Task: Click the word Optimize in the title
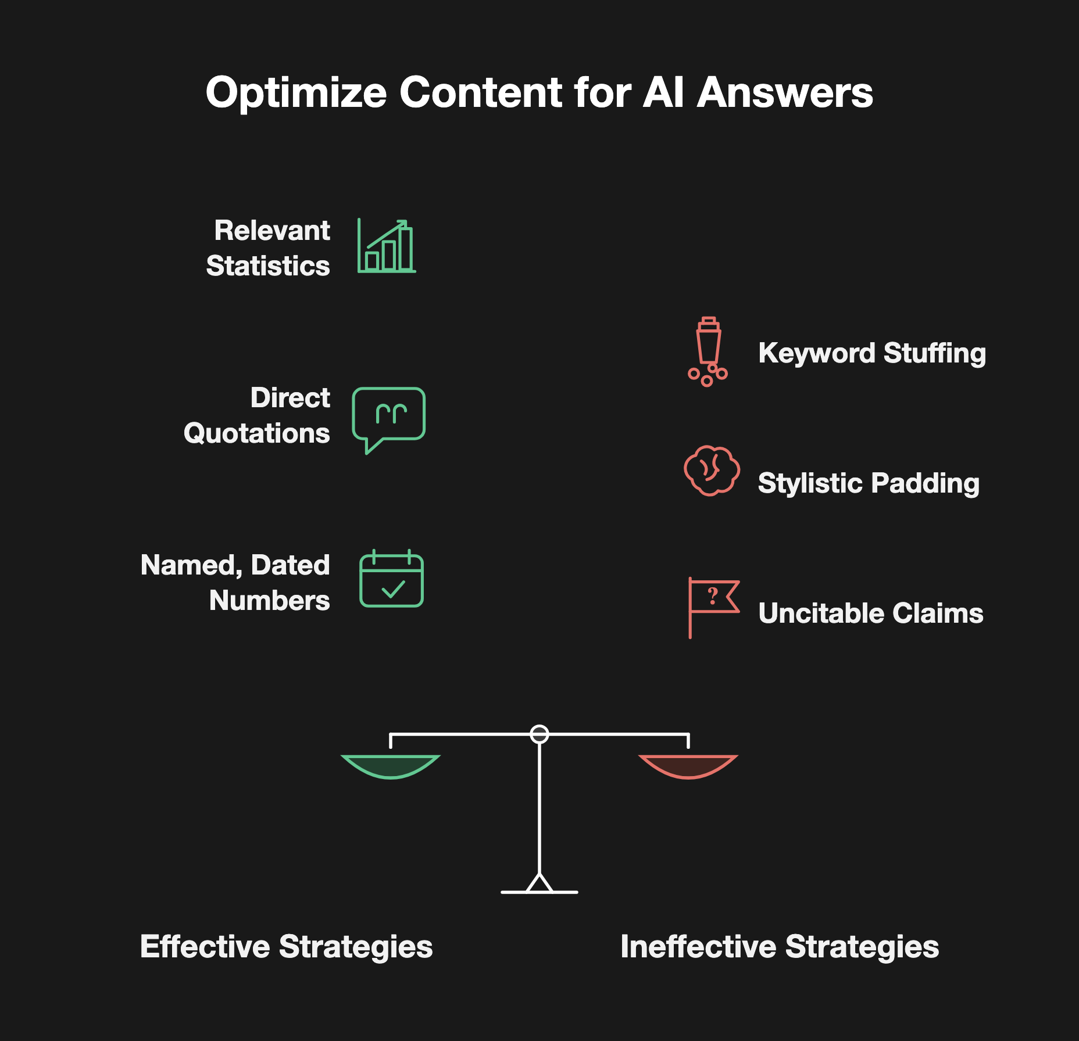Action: click(x=296, y=94)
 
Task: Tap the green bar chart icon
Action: click(x=387, y=246)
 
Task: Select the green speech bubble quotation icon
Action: click(x=388, y=420)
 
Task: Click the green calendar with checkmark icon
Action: click(x=391, y=579)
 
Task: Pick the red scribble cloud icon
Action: click(x=712, y=471)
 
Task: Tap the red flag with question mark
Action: click(x=714, y=607)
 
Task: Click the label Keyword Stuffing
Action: click(x=872, y=353)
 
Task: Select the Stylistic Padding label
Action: click(x=869, y=483)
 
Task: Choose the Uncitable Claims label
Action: click(x=871, y=613)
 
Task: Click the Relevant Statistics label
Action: click(x=268, y=248)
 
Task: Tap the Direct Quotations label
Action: click(x=257, y=415)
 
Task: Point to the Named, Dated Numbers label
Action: click(x=235, y=583)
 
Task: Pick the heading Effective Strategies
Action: click(x=287, y=947)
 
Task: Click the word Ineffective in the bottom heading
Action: click(x=698, y=947)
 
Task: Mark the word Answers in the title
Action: click(x=785, y=94)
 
